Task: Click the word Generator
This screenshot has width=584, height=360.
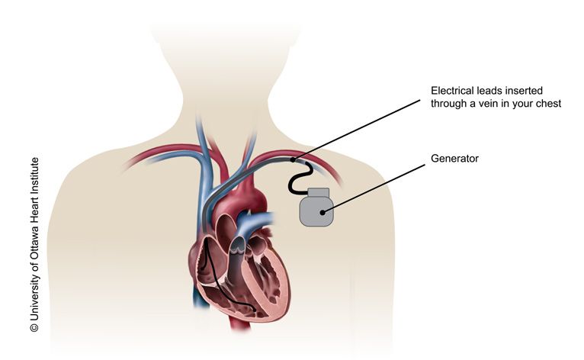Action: (x=454, y=159)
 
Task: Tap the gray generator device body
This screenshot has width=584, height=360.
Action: (x=316, y=211)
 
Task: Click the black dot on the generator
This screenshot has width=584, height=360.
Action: (x=322, y=213)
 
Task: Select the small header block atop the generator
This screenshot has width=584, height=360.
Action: (x=318, y=192)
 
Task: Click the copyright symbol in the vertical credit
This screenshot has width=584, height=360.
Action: (x=34, y=327)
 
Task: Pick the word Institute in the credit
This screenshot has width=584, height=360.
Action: (x=34, y=175)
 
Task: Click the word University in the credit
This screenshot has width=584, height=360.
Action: (x=34, y=297)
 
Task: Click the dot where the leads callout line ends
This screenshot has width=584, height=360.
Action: (x=293, y=160)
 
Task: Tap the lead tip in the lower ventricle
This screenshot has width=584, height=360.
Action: (x=254, y=310)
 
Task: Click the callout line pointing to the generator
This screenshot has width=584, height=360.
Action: (x=374, y=188)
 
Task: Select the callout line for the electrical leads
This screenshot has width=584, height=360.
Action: (x=357, y=130)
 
